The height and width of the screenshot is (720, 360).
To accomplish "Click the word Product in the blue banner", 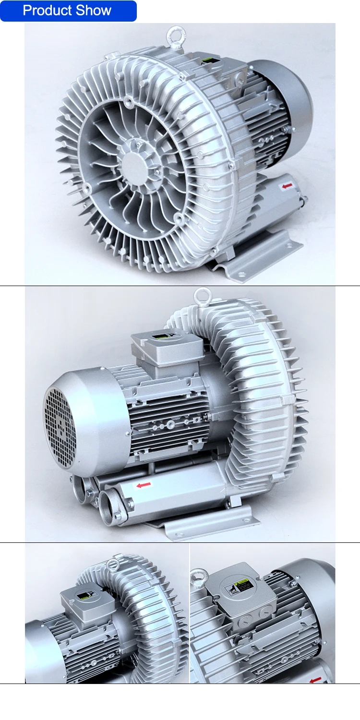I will pyautogui.click(x=46, y=11).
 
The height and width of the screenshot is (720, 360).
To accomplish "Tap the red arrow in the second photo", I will pyautogui.click(x=143, y=485).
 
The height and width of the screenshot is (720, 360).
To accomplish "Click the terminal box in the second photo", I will pyautogui.click(x=165, y=348).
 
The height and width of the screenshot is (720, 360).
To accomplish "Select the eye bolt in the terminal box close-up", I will pyautogui.click(x=198, y=579).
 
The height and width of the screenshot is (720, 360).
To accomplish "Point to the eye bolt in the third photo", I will pyautogui.click(x=113, y=565).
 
